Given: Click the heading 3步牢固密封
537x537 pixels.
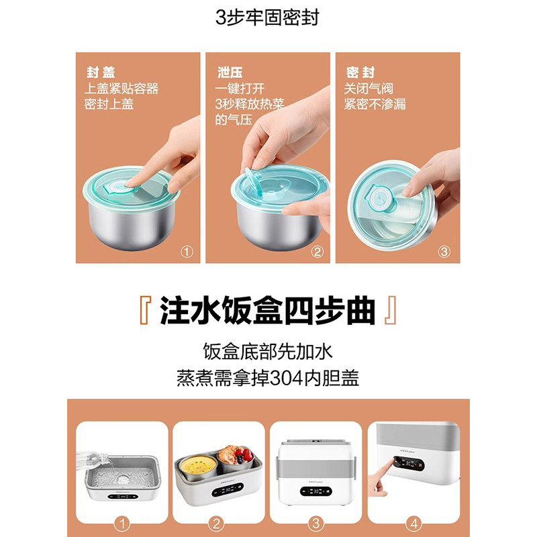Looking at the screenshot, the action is click(267, 17).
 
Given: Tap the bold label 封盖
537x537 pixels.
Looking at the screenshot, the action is click(101, 72).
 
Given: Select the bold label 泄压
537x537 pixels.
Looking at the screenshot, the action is click(230, 72).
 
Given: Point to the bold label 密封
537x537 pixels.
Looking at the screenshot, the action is click(360, 72).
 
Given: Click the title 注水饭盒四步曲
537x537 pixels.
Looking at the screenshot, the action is click(267, 310).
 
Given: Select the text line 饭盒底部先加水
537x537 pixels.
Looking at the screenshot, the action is click(268, 351).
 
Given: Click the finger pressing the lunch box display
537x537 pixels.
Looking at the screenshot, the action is click(381, 478).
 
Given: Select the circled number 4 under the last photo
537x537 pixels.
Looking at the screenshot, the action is click(413, 524).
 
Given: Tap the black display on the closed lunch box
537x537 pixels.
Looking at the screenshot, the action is click(315, 491).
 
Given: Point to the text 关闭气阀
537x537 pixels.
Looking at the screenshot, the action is click(369, 89).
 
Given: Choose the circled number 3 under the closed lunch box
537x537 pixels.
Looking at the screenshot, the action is click(315, 524).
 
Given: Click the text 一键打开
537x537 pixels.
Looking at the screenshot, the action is click(240, 89).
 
